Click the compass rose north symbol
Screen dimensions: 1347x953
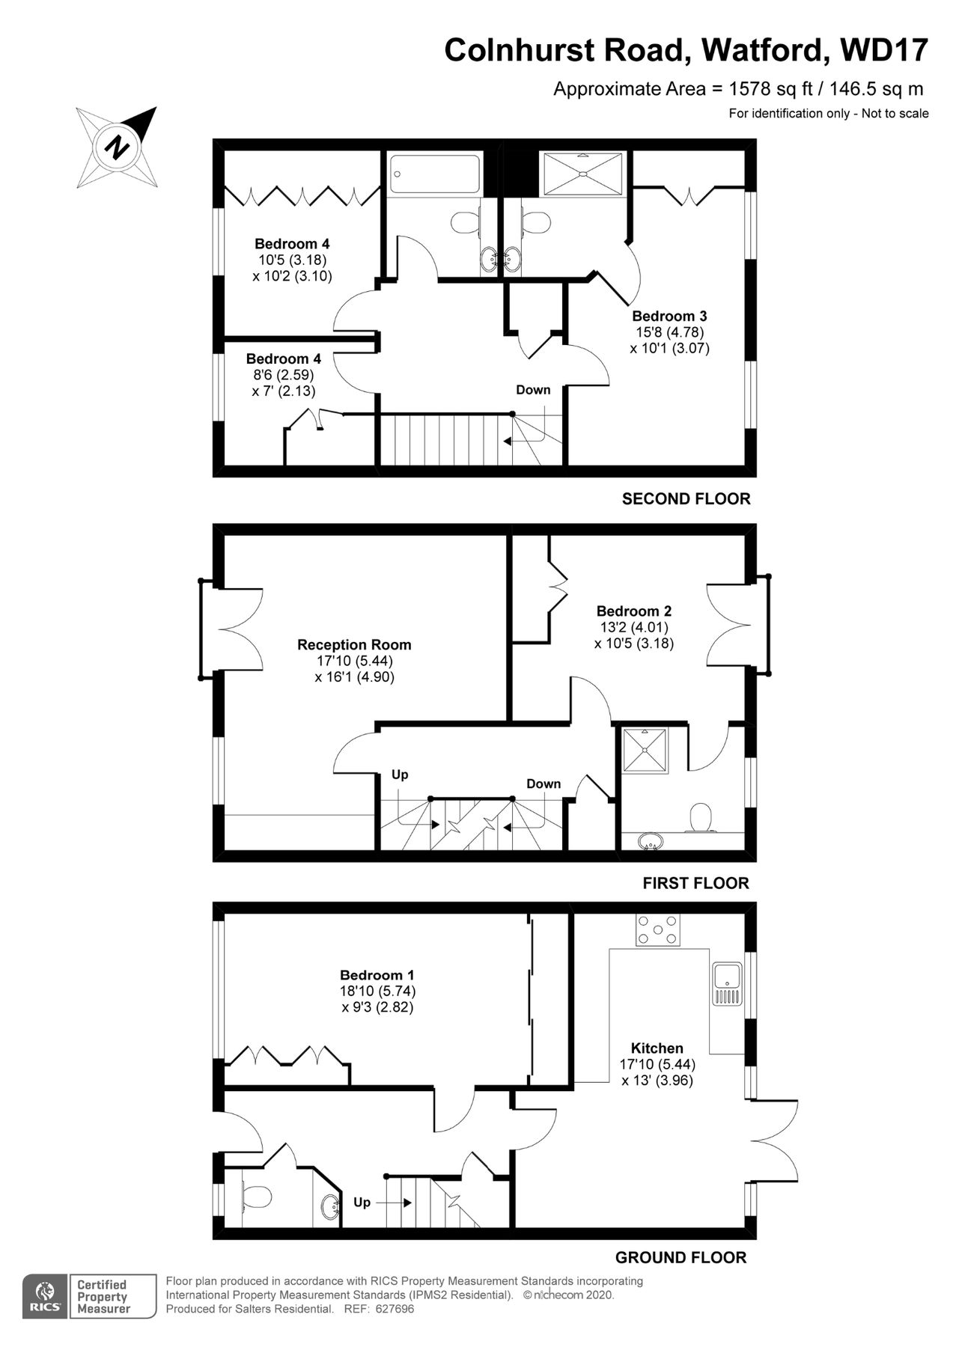[117, 147]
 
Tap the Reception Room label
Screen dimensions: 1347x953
[354, 644]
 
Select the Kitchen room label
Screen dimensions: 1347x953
[657, 1048]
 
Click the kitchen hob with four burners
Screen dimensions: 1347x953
[658, 930]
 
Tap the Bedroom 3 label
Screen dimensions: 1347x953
[669, 316]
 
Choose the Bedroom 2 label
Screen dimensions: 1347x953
[633, 611]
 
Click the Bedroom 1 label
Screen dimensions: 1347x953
[377, 975]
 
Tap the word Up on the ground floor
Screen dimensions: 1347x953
[362, 1203]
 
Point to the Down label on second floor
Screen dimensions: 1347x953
[533, 390]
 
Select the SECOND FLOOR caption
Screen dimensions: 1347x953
[686, 498]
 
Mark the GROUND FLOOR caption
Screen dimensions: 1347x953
[681, 1257]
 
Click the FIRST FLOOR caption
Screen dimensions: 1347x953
[695, 883]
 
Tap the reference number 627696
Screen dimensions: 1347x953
[394, 1309]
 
